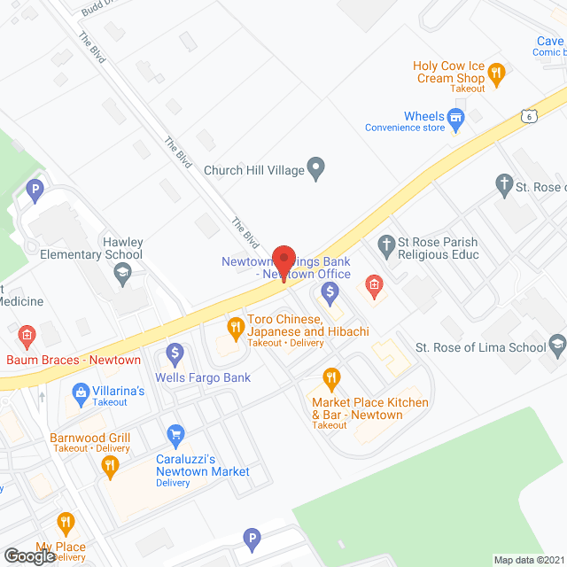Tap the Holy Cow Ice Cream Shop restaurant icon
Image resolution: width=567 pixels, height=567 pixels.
point(496,74)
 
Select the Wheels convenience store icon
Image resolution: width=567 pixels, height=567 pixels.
point(456,117)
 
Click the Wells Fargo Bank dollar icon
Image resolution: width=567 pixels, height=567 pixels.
point(175,354)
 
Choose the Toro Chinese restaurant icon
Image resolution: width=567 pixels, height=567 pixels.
point(235,329)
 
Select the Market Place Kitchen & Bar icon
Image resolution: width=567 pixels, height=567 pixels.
point(331,379)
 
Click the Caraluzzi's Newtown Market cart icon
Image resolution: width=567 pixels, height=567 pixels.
point(175,435)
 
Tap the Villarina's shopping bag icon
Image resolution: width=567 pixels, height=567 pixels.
point(81,391)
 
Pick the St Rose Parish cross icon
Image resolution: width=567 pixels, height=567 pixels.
point(385,244)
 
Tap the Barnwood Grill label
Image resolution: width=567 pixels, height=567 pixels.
point(89,439)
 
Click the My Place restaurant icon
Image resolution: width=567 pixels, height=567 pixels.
point(65,523)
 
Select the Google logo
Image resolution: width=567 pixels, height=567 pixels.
point(29,555)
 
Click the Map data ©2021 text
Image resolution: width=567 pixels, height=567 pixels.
point(528,560)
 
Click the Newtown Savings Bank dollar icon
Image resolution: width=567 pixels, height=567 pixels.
point(330,290)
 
